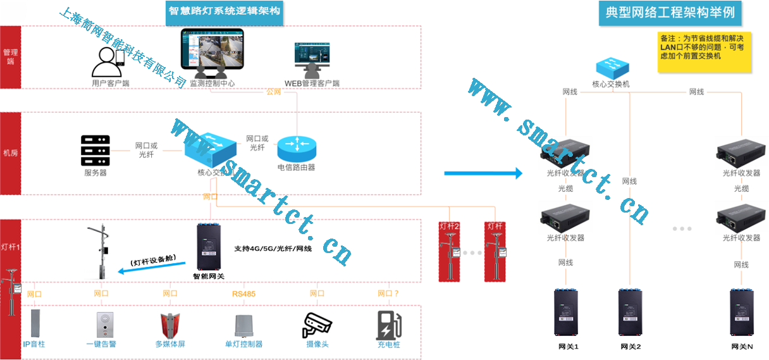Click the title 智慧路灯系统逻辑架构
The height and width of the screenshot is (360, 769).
tap(225, 11)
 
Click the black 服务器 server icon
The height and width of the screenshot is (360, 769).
tap(95, 151)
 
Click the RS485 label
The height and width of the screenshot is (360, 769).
tap(244, 294)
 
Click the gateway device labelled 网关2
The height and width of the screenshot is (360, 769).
tap(631, 313)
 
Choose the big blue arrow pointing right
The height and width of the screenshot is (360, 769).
tap(483, 173)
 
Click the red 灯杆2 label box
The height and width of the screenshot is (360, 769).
tap(449, 226)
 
